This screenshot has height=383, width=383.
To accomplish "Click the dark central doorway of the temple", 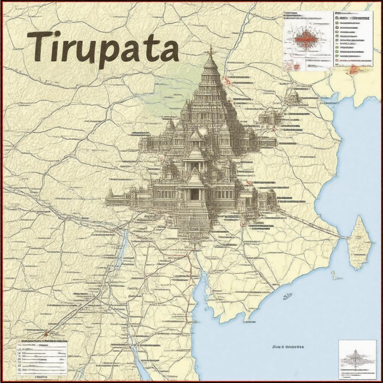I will pos(194,194).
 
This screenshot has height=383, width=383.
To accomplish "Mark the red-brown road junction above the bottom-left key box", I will pos(46,332).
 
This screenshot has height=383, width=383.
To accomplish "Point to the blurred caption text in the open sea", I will pos(288,347).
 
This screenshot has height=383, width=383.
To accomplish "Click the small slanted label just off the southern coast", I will pos(287,296).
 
